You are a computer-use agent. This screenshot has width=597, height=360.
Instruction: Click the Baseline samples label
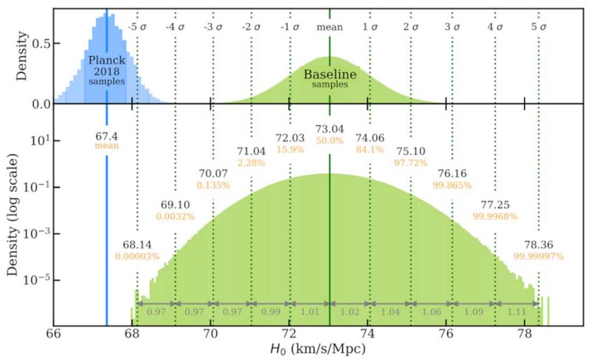(330, 79)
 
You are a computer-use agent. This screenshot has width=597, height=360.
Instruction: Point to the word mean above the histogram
(330, 27)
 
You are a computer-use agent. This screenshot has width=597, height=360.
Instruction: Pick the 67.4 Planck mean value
(107, 136)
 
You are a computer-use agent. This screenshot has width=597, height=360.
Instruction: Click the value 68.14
(137, 245)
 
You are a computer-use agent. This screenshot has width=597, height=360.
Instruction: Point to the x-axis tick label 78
(524, 336)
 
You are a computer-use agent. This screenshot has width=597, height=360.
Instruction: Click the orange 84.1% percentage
(370, 149)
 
